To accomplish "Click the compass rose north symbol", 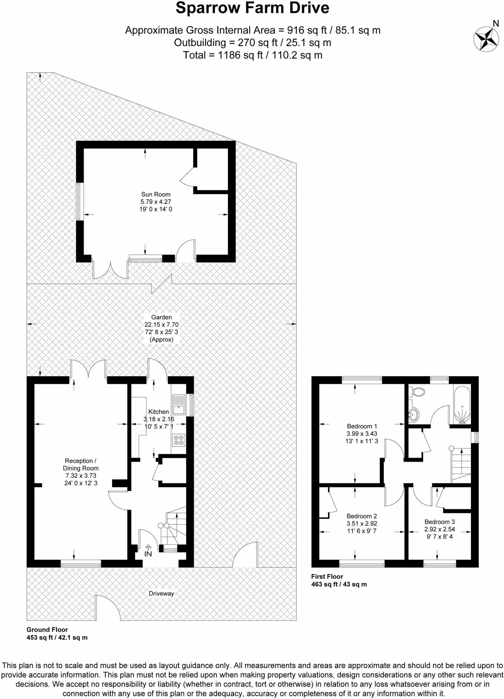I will click(486, 39).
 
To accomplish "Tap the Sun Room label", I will click(156, 195).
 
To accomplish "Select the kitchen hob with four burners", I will click(178, 440).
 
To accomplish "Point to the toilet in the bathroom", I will click(418, 392).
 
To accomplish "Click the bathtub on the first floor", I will click(462, 405).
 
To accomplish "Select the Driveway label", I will click(161, 594).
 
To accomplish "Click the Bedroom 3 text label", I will click(440, 522).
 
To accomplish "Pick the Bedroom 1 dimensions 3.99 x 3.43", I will click(362, 434).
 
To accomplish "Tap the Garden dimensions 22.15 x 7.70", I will click(161, 325).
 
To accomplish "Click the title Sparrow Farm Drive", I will click(252, 8).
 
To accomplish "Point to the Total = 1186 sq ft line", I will click(252, 55).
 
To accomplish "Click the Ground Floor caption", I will click(47, 630).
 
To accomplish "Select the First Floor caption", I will click(327, 576).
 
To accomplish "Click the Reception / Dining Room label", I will click(81, 465).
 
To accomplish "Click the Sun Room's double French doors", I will click(111, 270).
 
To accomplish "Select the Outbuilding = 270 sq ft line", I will click(252, 43).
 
